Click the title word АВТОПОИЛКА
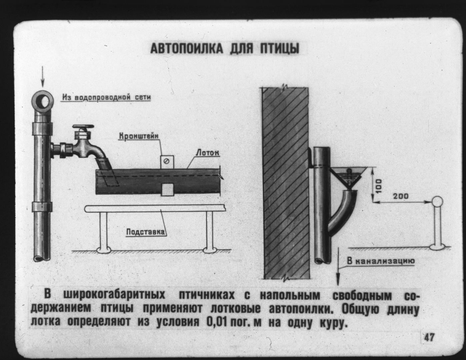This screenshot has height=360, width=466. pos(187,49)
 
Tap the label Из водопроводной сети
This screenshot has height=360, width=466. pos(107,97)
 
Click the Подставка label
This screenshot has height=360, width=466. pos(146,232)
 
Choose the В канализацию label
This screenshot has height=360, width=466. pos(381,261)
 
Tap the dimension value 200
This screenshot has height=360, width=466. pos(401,196)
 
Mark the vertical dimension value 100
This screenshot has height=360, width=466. pos(379,186)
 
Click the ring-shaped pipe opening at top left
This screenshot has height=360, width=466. pos(42,102)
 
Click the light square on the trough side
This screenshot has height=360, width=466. pos(167,190)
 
